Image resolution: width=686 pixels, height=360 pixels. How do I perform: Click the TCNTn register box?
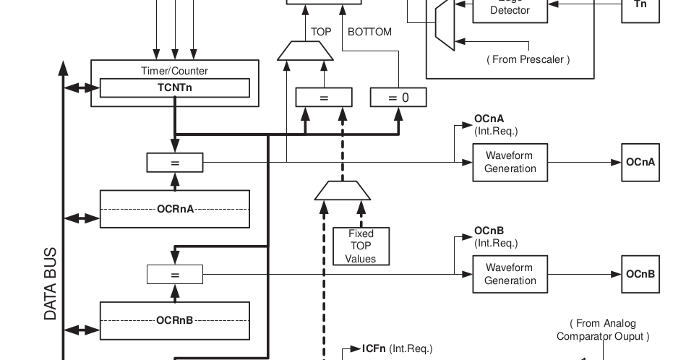click(174, 87)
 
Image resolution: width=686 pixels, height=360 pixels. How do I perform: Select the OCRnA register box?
click(174, 209)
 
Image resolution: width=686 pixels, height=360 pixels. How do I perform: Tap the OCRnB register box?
click(174, 320)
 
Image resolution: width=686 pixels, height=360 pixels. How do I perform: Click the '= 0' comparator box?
click(398, 98)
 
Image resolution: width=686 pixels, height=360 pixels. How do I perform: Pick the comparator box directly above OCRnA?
click(174, 163)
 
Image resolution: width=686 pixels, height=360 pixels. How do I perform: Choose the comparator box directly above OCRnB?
click(174, 275)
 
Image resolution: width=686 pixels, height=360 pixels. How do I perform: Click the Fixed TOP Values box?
click(361, 247)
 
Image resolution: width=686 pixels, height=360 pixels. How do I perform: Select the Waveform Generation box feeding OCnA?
click(510, 162)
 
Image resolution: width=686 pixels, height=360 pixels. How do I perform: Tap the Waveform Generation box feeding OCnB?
click(510, 274)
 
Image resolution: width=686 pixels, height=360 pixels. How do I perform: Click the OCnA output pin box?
click(640, 162)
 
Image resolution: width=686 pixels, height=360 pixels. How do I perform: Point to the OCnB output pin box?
click(640, 274)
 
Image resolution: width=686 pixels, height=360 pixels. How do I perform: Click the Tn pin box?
click(640, 6)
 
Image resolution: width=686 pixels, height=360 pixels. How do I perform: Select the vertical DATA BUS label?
click(51, 285)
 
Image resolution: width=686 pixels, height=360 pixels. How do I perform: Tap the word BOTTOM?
click(369, 32)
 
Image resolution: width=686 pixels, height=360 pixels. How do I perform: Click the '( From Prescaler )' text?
click(528, 59)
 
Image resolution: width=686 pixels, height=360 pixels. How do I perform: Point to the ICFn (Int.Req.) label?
click(396, 348)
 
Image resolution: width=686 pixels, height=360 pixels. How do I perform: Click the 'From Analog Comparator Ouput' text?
click(602, 330)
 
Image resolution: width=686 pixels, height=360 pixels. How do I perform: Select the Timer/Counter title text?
click(174, 71)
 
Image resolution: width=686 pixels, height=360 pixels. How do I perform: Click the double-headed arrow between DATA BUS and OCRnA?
click(82, 218)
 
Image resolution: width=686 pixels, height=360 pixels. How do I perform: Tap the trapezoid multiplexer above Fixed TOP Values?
click(343, 191)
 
